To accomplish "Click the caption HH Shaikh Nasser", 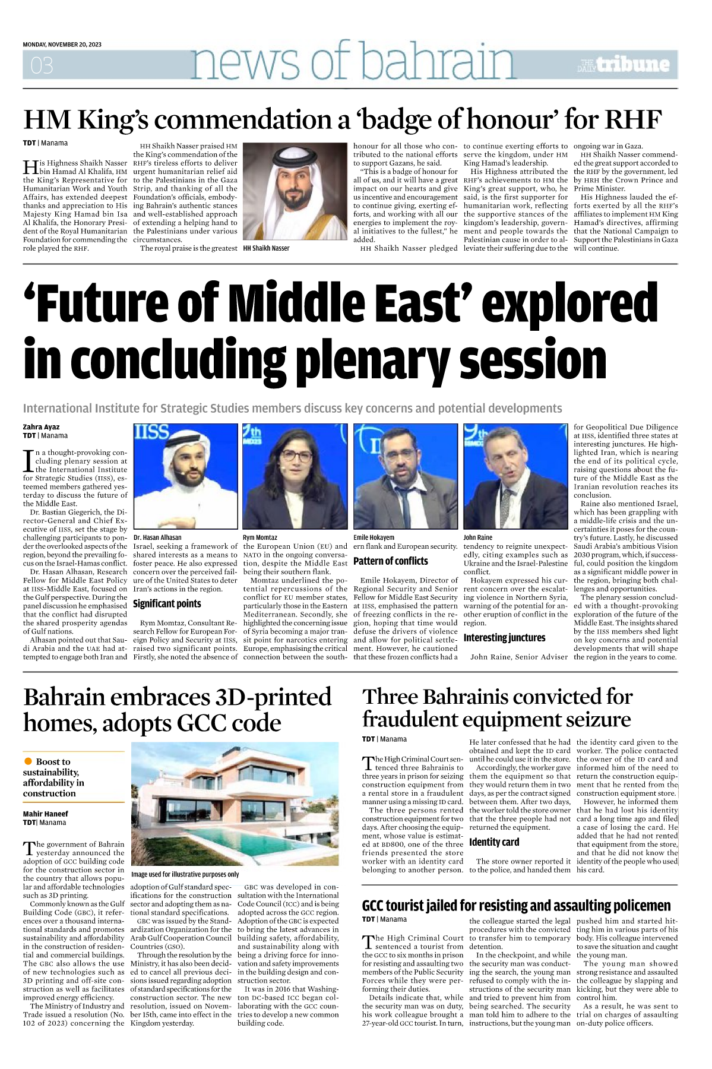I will (x=266, y=248).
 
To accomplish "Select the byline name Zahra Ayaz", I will (x=41, y=427).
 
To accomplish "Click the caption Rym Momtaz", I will (x=260, y=537).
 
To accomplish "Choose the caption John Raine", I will (x=477, y=537).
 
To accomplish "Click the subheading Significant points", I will (x=167, y=604).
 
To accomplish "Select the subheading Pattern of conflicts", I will (x=390, y=561).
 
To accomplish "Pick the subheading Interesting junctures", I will (x=504, y=638).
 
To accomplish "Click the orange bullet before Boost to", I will (x=28, y=761).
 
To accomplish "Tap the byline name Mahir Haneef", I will (x=45, y=814).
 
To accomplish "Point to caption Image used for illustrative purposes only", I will (x=185, y=874).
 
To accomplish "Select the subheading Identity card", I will (x=493, y=842).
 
